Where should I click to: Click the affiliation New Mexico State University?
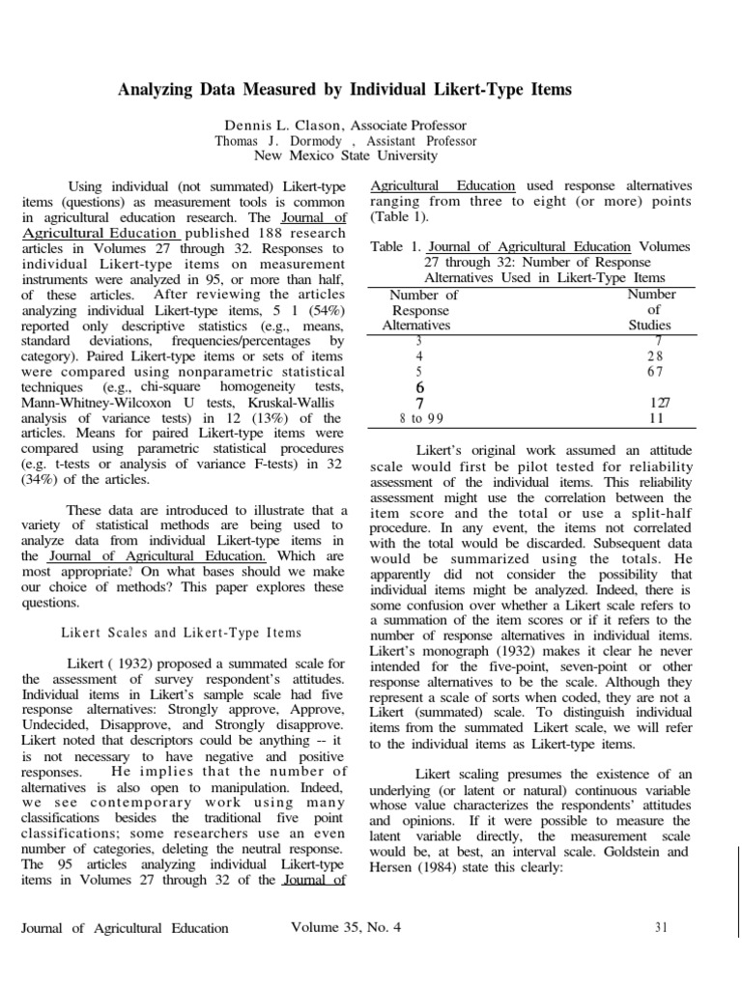point(345,155)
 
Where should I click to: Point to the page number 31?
point(662,928)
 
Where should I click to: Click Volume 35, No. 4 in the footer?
point(345,928)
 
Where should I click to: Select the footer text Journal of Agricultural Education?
point(125,928)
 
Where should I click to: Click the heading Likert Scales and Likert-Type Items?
point(182,633)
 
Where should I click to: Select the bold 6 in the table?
point(419,386)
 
